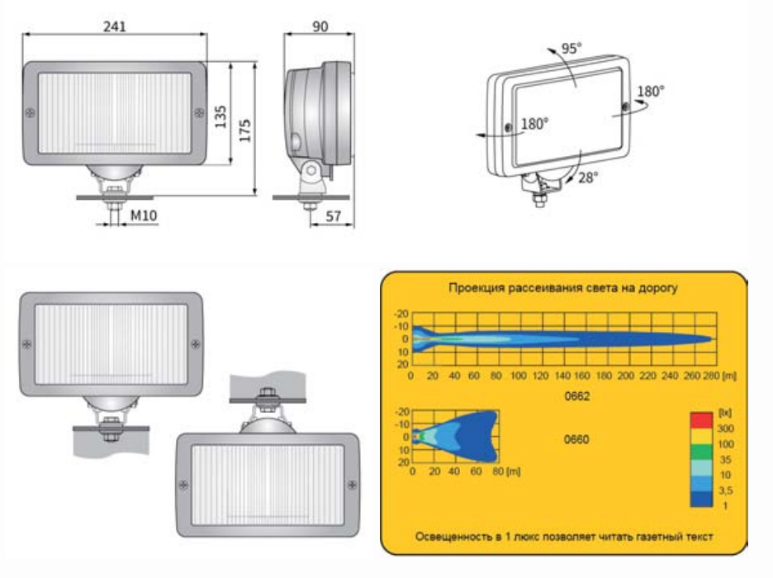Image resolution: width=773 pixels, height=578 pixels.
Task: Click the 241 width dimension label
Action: click(x=114, y=26)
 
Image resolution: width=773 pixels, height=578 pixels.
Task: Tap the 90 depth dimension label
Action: click(x=320, y=26)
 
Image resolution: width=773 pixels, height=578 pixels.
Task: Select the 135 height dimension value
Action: click(x=221, y=116)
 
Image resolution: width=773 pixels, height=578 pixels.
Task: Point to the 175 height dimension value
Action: click(x=245, y=130)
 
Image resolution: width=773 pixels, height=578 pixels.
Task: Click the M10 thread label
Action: click(x=144, y=216)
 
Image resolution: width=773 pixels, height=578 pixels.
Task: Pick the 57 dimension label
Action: click(x=334, y=216)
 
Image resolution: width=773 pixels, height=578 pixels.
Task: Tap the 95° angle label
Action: click(x=571, y=48)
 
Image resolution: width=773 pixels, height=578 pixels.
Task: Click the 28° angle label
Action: click(x=588, y=178)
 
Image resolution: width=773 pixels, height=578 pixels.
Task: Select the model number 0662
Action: click(x=576, y=396)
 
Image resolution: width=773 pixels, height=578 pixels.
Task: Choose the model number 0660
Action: click(x=576, y=439)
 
